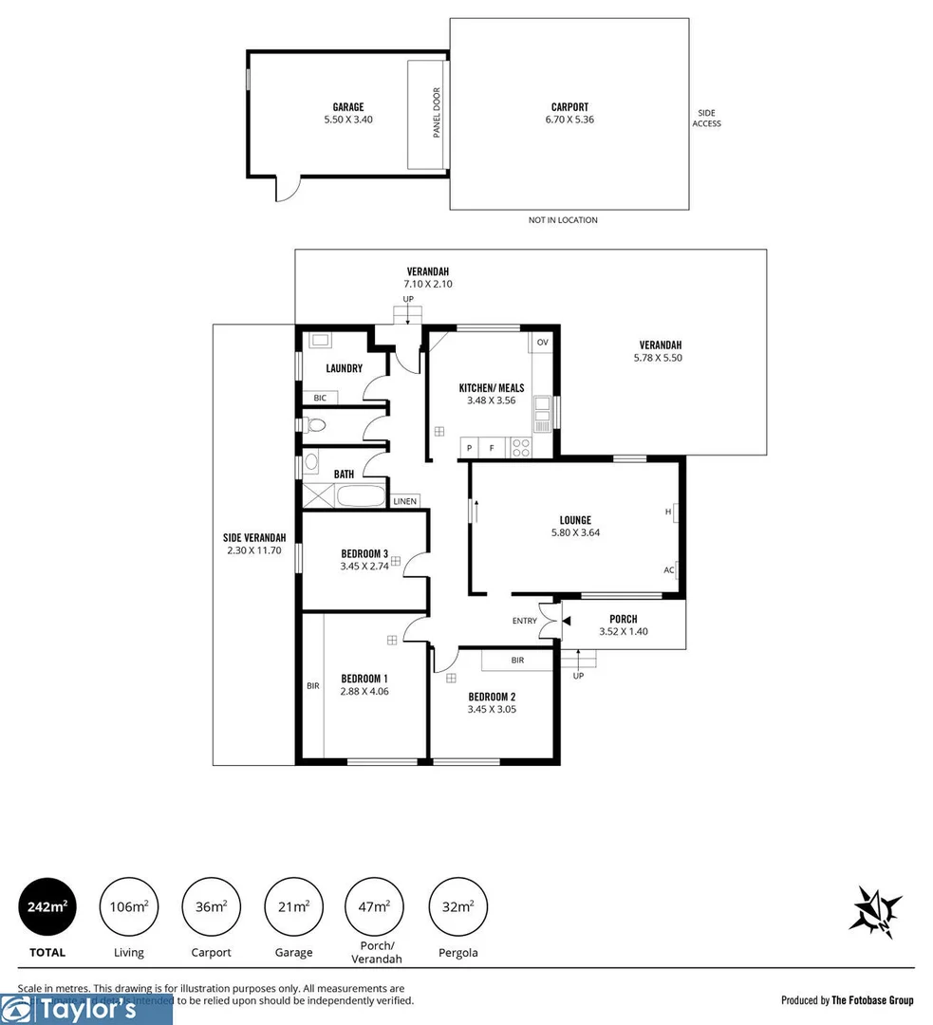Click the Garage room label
[347, 107]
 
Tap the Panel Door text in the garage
[438, 113]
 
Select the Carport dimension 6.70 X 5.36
[569, 120]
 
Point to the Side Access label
[706, 118]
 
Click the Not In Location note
[563, 220]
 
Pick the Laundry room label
[344, 368]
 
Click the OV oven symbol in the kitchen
[543, 342]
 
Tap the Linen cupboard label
[404, 501]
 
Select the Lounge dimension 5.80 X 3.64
[575, 532]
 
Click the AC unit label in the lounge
[669, 570]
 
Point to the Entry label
[524, 621]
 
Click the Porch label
[623, 619]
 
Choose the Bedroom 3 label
[364, 554]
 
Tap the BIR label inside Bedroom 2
[517, 660]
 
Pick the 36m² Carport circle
[211, 907]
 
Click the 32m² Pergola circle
[458, 907]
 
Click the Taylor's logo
[85, 1010]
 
